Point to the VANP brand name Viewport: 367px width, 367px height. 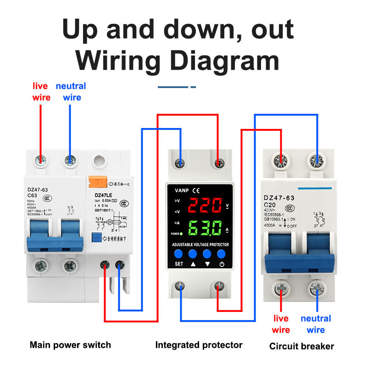point(181,189)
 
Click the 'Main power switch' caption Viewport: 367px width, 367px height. point(70,345)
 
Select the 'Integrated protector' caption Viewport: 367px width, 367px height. point(199,345)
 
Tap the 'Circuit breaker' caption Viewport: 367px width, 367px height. point(301,346)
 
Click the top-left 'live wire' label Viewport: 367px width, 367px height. point(41,91)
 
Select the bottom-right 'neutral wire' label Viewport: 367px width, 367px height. point(316,324)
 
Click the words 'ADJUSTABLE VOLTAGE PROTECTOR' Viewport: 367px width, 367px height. point(200,245)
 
